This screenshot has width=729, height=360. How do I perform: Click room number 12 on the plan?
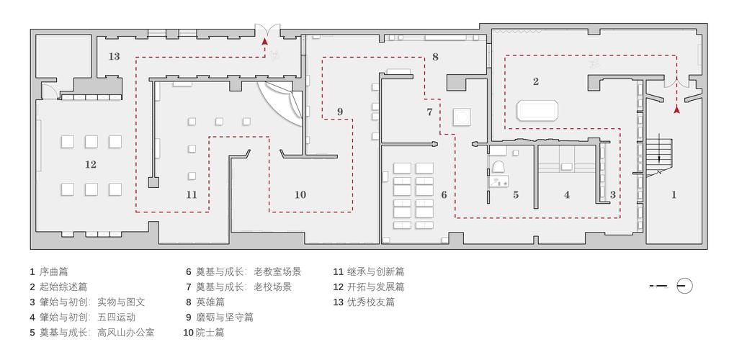(90, 164)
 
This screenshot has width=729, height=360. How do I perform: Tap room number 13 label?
(114, 56)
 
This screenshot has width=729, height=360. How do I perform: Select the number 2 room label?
(535, 81)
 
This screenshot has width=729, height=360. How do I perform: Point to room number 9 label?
(340, 112)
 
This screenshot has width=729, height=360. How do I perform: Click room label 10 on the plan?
(300, 194)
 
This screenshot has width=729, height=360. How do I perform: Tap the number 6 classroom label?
(444, 194)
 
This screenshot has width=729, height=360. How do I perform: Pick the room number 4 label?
(567, 194)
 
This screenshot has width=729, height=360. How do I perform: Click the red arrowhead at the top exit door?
(265, 43)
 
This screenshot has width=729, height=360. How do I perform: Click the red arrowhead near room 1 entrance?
(676, 109)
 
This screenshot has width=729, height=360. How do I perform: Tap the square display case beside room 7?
(461, 117)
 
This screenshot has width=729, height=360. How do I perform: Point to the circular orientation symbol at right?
(685, 287)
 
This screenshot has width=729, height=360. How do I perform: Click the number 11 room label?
(191, 194)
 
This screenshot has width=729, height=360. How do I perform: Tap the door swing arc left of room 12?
(48, 90)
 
